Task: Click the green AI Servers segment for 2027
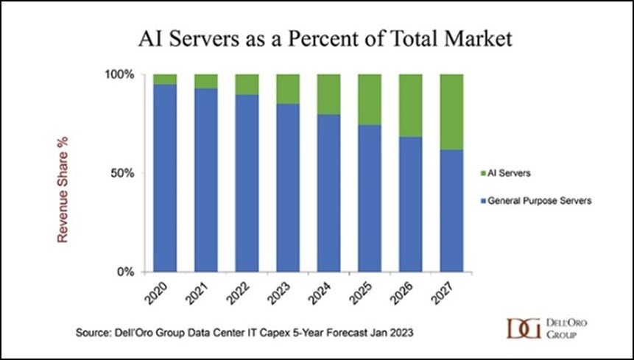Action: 451,113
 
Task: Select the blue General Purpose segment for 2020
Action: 165,178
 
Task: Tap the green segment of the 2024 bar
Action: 328,94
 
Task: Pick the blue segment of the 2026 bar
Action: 411,205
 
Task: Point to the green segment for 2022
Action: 247,85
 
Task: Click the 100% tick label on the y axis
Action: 120,75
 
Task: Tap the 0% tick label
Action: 126,272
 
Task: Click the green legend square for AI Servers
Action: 483,174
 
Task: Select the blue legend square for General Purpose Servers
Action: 483,201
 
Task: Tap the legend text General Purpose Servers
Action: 540,201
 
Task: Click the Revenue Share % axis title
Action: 63,190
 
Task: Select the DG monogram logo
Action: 524,328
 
